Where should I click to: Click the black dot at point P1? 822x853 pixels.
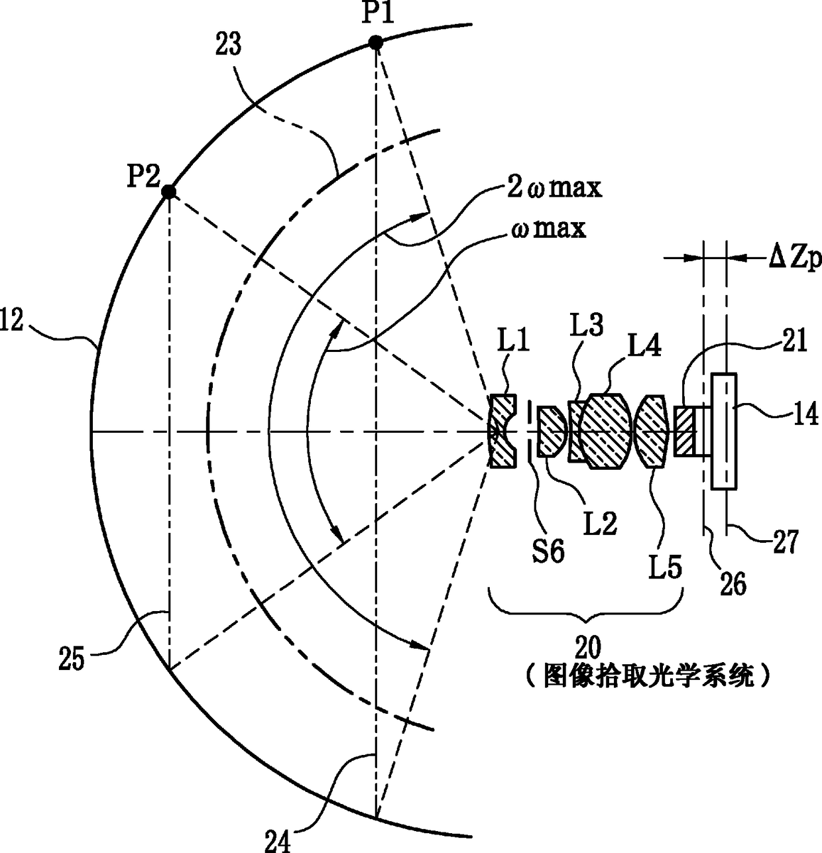click(375, 42)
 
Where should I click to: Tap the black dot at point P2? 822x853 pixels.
click(169, 192)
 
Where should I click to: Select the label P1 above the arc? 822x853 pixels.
click(377, 13)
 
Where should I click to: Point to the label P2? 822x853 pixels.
click(145, 176)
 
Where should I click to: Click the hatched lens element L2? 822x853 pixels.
click(550, 432)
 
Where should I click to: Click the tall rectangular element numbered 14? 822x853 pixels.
click(723, 432)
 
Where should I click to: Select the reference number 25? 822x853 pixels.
click(71, 660)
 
